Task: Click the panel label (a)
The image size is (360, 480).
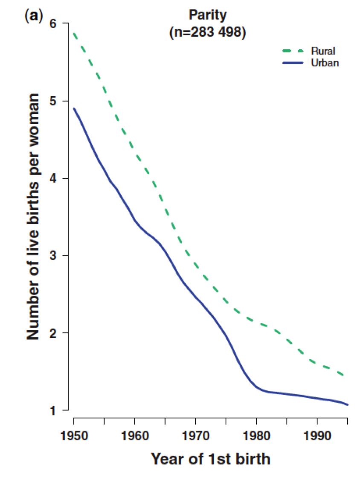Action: [x=34, y=16]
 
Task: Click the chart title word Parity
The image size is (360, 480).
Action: [x=208, y=15]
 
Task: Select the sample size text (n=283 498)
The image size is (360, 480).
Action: [x=208, y=32]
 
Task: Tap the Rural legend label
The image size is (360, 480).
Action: [x=323, y=51]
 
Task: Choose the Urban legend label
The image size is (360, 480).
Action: [x=325, y=63]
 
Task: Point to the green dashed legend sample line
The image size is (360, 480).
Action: [x=293, y=51]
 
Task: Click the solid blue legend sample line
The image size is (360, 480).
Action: [x=293, y=63]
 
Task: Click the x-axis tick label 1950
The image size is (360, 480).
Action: [x=74, y=436]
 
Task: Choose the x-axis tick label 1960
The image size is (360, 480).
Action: [x=135, y=436]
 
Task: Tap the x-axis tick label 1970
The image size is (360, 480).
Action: [x=196, y=436]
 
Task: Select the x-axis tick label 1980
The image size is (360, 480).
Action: [x=256, y=436]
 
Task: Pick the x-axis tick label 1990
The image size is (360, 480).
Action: [x=317, y=436]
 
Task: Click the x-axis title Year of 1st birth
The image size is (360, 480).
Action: [x=211, y=459]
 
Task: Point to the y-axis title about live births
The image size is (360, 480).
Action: [x=33, y=217]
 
